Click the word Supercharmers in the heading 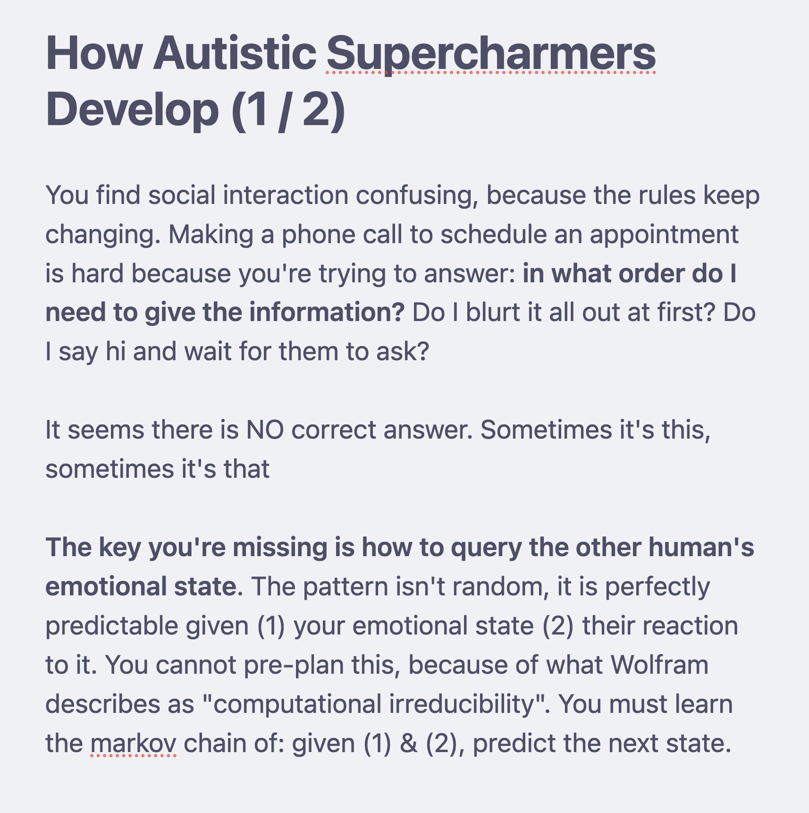(491, 54)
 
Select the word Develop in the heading (132, 111)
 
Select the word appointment (664, 235)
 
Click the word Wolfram (659, 665)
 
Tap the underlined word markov (133, 744)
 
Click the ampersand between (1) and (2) (409, 744)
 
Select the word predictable (112, 626)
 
